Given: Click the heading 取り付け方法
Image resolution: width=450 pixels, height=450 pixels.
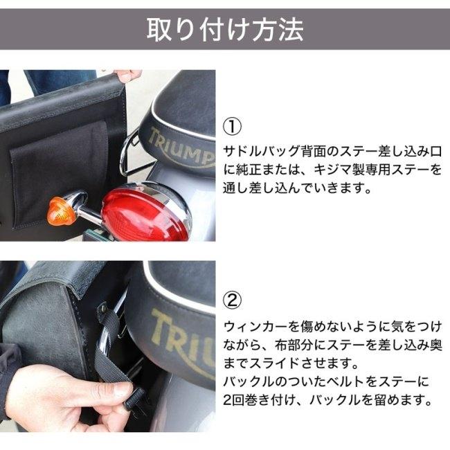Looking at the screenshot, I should [225, 29].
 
